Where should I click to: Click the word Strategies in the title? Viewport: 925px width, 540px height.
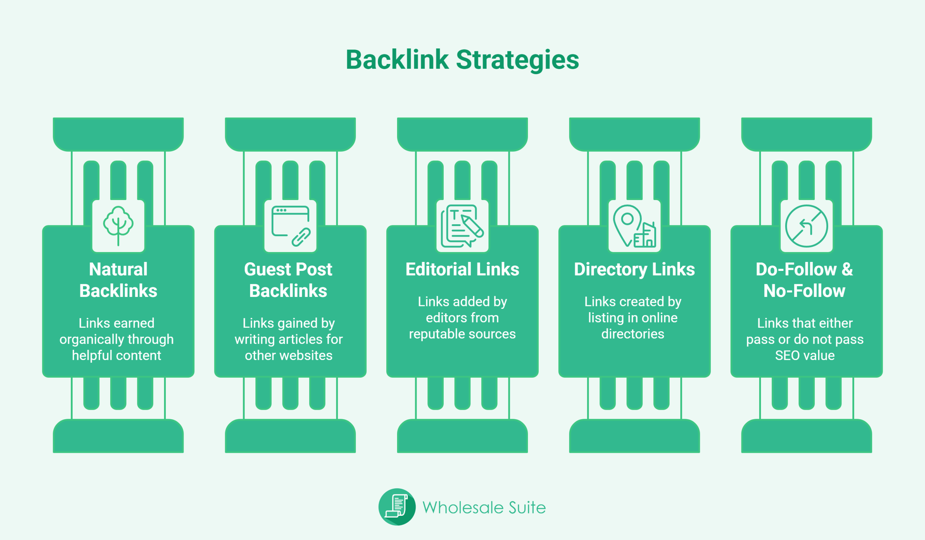(517, 60)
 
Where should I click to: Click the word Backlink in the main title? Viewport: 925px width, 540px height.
(397, 60)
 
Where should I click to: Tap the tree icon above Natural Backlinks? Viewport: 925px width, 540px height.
(118, 226)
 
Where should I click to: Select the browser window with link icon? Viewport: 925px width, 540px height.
(291, 226)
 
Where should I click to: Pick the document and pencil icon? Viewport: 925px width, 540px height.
(462, 226)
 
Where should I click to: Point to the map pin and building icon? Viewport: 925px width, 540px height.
(634, 226)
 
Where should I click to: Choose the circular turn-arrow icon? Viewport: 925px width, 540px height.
(806, 226)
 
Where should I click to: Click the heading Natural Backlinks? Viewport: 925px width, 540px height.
(118, 280)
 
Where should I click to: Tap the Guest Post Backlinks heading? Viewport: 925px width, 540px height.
(288, 280)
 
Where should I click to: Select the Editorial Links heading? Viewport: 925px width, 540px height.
(462, 269)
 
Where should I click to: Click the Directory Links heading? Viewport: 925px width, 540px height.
(634, 269)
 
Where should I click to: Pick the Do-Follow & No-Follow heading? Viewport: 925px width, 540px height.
(804, 280)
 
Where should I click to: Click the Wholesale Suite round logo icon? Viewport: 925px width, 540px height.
(397, 507)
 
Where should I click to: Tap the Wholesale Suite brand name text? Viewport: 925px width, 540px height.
(484, 508)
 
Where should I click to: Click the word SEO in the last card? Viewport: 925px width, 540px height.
(786, 356)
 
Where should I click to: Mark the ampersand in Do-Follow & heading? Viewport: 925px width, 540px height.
(847, 269)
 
